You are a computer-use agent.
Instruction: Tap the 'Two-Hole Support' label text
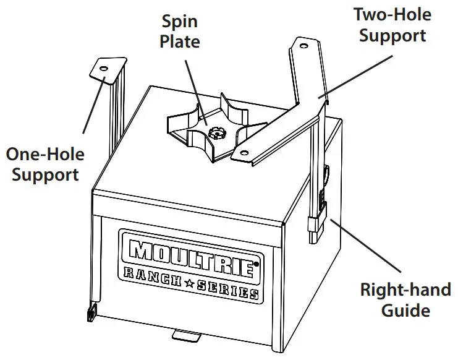click(x=392, y=24)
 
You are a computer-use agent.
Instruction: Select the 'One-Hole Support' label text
click(x=45, y=163)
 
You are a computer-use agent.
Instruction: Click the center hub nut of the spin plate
click(x=216, y=132)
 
